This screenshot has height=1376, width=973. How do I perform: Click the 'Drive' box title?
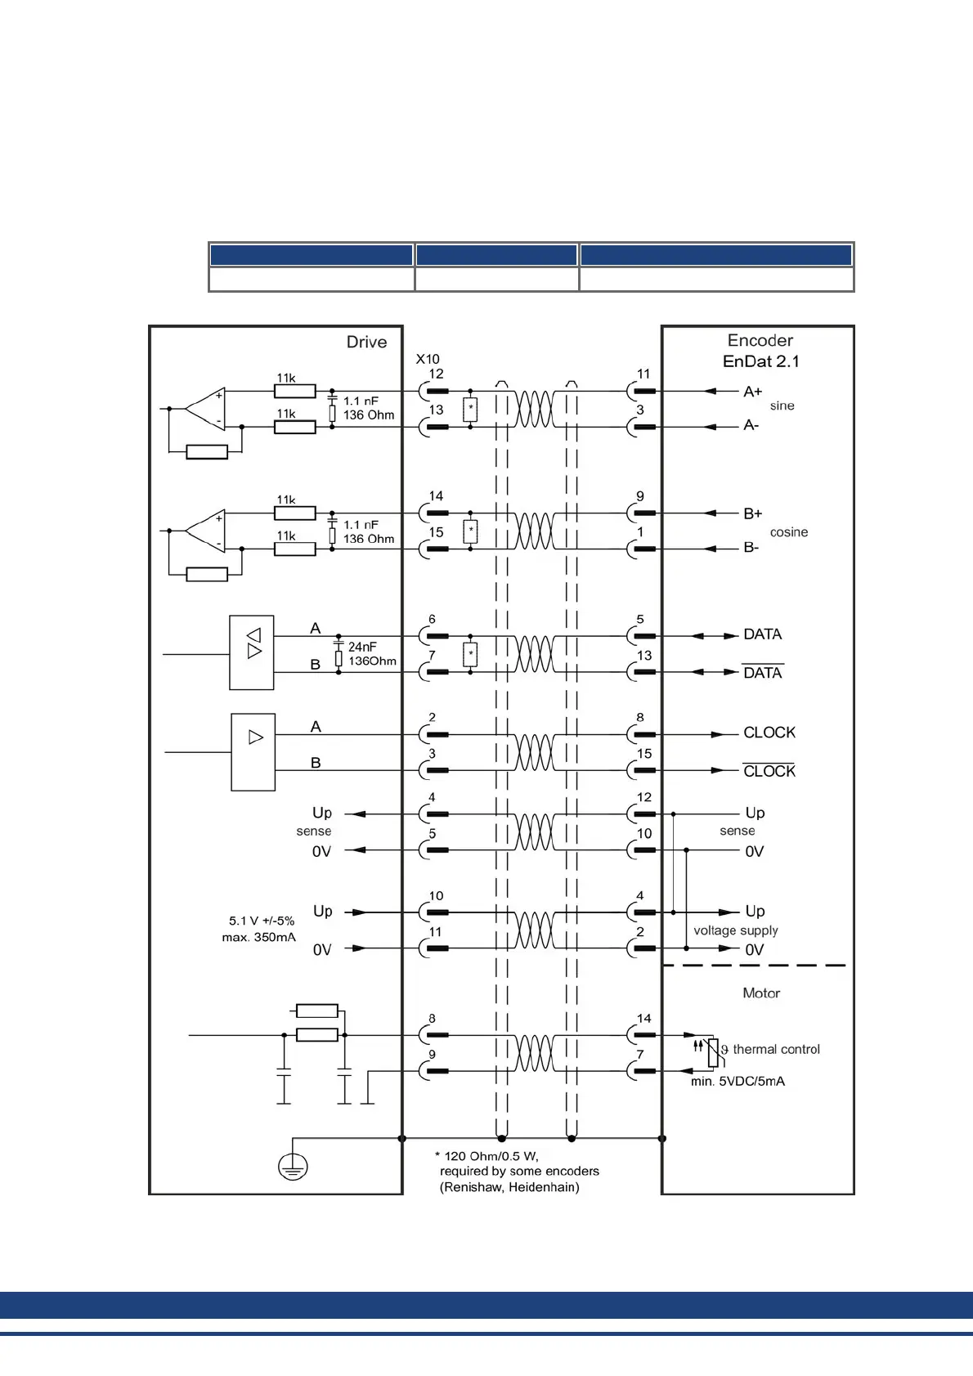366,343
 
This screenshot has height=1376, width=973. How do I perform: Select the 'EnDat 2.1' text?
760,361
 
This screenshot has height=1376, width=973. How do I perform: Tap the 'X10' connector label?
427,359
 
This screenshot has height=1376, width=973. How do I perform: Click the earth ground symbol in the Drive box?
293,1167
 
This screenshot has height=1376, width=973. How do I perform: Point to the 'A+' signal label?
752,392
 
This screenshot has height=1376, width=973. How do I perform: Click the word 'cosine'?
788,532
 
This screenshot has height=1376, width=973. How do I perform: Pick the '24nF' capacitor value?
362,647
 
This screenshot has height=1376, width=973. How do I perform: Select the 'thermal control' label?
776,1049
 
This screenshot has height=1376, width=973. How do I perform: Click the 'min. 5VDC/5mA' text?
738,1081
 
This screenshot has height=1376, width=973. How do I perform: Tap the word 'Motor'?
760,993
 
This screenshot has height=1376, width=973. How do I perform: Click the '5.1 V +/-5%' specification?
262,921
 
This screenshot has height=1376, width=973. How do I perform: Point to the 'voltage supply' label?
735,930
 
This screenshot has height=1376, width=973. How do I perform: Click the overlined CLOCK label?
769,771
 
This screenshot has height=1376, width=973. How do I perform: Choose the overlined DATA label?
762,673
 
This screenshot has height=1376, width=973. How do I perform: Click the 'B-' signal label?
751,548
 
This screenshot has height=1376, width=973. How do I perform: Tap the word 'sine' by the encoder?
782,406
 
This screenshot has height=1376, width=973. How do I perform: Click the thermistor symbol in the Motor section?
713,1052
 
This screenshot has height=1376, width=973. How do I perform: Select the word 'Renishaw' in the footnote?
472,1187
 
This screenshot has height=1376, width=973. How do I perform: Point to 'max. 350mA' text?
258,937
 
